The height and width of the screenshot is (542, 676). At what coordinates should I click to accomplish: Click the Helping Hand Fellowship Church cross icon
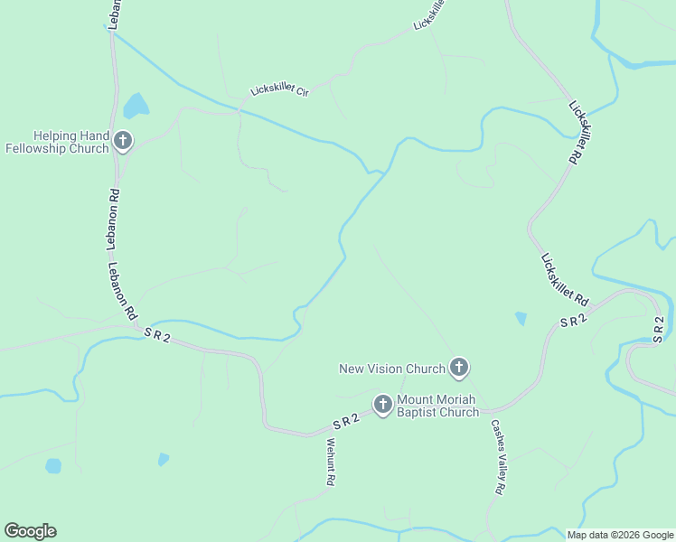pos(123,141)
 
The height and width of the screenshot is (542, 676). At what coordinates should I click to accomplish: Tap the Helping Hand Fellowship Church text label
pos(58,142)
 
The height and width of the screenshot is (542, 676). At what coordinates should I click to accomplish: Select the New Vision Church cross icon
pos(459,368)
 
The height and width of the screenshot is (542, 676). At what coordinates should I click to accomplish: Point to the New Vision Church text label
pos(392,369)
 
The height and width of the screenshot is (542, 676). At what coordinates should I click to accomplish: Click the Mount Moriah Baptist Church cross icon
pos(382,405)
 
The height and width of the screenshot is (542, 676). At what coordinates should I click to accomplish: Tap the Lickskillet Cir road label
pos(279,91)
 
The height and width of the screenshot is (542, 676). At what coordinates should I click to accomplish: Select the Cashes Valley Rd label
pos(497,456)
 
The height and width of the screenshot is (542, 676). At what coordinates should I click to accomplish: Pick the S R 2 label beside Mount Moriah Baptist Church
pos(346,420)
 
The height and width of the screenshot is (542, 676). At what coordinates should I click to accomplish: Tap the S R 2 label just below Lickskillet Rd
pos(573,319)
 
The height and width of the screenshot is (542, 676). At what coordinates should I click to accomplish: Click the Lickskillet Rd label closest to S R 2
pos(565,279)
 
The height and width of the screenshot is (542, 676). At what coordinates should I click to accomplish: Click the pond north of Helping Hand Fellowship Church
pos(136,107)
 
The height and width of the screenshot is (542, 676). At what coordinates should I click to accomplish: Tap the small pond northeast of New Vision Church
pos(521,318)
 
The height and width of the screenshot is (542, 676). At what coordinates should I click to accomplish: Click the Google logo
pos(30,531)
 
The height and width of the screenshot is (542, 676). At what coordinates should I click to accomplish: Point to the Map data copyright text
pos(620,535)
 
